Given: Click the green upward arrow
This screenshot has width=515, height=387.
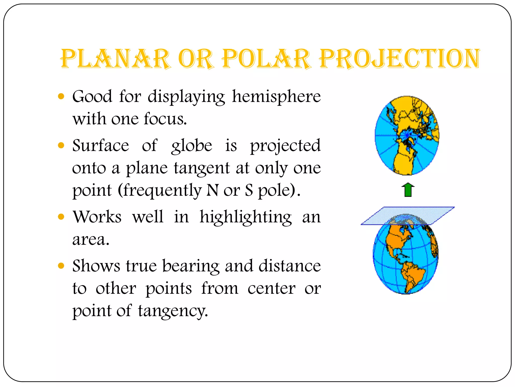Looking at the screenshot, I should point(408,190).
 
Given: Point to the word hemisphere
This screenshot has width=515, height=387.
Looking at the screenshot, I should point(276,96).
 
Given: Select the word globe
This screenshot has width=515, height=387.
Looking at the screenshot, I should point(192,146).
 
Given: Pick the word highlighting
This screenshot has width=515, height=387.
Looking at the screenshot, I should point(246,217).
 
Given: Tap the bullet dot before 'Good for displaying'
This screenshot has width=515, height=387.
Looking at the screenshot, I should point(61,96).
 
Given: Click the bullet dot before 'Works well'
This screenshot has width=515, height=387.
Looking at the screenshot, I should point(61,217).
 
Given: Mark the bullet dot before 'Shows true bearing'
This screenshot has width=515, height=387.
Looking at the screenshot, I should point(61,266).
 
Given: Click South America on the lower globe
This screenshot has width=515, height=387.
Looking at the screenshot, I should point(412,275).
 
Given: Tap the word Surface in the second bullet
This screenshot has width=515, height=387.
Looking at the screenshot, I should point(101,146).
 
